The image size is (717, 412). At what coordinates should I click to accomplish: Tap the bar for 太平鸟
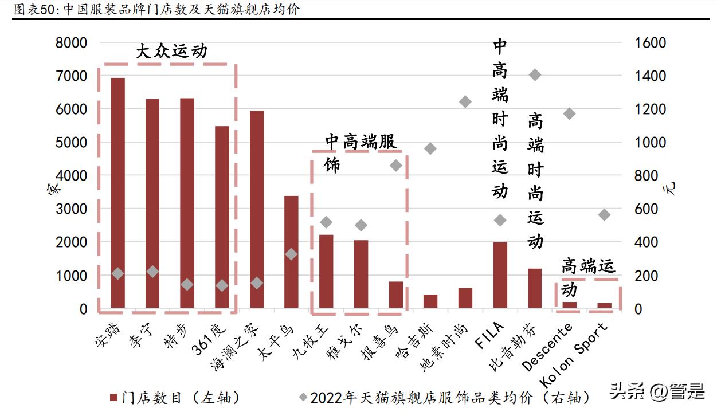pos(291,252)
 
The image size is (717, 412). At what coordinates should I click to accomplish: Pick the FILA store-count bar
pos(500,275)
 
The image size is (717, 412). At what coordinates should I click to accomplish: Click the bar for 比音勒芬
pos(535,288)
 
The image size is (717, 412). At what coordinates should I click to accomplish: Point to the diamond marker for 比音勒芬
pos(535,75)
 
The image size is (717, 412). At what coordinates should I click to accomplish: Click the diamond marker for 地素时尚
pos(465,102)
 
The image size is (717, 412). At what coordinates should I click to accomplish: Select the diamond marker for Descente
pos(569,113)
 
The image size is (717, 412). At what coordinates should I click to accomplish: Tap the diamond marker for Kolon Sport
pos(604,215)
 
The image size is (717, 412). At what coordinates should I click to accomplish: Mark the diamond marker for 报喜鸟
pos(396,166)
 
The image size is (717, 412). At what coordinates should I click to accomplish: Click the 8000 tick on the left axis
pos(71,43)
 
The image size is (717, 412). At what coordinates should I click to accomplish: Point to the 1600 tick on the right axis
pos(650,43)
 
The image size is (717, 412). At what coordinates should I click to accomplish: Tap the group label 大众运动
pos(171,52)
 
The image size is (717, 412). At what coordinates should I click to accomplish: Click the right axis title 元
pos(672,188)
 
